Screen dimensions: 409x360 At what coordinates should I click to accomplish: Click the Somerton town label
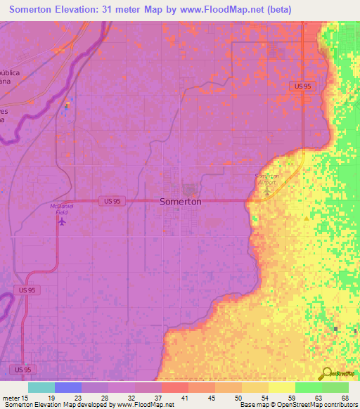181,201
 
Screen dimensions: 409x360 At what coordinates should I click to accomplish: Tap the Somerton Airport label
266,178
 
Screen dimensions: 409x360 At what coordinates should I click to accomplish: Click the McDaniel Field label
62,209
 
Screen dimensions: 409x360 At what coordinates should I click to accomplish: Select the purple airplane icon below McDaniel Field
62,222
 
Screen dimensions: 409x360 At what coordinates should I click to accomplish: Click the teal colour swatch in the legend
41,387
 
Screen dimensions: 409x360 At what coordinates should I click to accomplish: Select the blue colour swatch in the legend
68,387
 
